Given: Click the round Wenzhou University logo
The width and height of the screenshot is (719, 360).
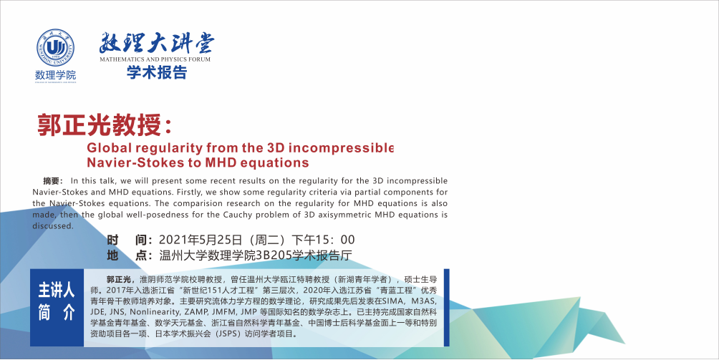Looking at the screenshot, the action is click(x=55, y=48).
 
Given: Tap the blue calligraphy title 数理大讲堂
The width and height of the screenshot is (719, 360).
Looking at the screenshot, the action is click(x=156, y=44).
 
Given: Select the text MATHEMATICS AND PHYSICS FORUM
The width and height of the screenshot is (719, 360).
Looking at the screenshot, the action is click(x=155, y=59).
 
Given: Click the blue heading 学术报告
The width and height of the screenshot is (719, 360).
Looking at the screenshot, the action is click(x=157, y=72).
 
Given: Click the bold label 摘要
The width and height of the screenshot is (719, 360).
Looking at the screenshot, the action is click(x=52, y=181).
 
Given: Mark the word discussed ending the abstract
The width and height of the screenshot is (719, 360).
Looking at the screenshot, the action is click(x=53, y=225).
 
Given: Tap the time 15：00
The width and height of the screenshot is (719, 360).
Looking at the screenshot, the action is click(x=334, y=240).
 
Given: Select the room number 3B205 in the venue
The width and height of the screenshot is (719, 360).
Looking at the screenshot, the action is click(x=274, y=255).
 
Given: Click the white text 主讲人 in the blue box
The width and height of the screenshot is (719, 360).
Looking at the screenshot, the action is click(x=56, y=290).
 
